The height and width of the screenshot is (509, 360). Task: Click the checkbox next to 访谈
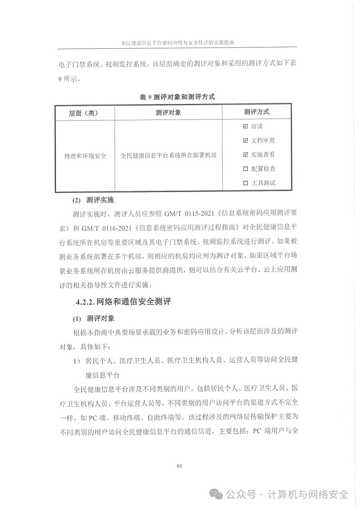click(246, 126)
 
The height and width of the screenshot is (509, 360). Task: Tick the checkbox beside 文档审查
click(246, 140)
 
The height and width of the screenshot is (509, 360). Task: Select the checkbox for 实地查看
click(246, 155)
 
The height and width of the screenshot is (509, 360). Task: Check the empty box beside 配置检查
click(246, 169)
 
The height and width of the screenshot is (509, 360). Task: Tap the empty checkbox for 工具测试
click(246, 183)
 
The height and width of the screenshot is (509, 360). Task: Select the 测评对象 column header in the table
click(168, 112)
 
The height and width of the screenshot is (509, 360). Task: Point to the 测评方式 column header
click(257, 112)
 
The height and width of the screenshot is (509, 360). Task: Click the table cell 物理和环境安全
click(85, 156)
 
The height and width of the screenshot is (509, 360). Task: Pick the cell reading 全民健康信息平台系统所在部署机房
click(169, 156)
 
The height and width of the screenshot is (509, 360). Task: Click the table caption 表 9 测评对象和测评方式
click(177, 97)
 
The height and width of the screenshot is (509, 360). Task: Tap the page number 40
click(179, 466)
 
